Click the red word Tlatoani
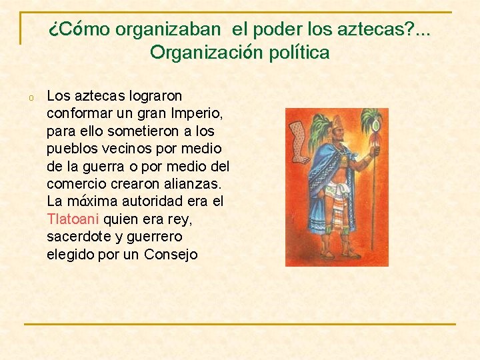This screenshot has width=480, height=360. [73, 219]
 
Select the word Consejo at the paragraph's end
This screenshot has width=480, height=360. [171, 254]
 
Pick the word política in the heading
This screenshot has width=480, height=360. [297, 52]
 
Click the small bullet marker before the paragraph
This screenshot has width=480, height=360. [31, 98]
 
